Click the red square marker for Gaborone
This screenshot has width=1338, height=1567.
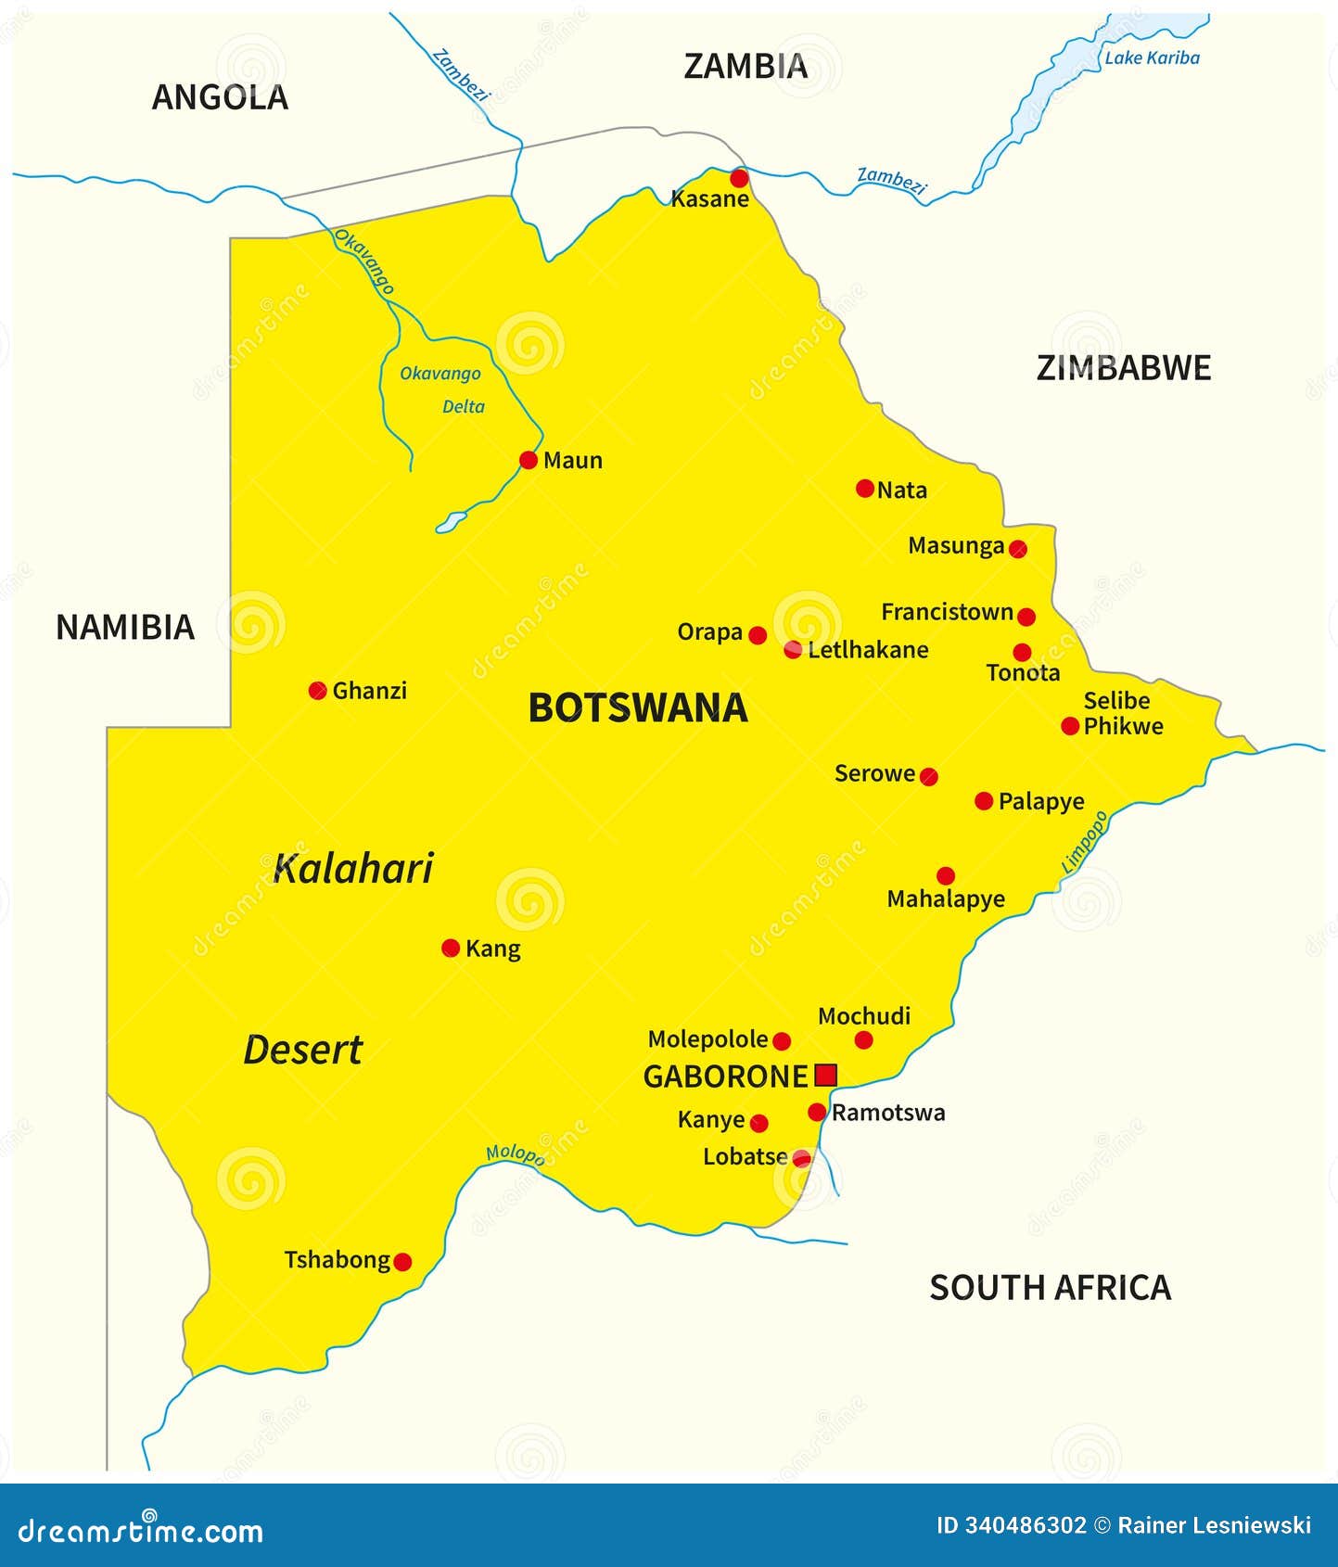coord(825,1075)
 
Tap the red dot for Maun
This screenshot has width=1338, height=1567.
coord(529,460)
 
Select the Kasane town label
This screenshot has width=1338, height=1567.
coord(709,199)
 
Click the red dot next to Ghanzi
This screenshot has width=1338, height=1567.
coord(317,691)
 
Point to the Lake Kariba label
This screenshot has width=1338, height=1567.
coord(1152,57)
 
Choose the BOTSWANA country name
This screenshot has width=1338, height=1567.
coord(638,708)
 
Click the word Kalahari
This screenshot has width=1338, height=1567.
coord(353,869)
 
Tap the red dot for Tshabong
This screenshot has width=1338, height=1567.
coord(402,1262)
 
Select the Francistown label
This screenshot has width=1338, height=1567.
coord(947,612)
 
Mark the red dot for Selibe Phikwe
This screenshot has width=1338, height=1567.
coord(1070,726)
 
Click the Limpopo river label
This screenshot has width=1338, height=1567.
coord(1084,842)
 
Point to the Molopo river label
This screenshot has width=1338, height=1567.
coord(515,1154)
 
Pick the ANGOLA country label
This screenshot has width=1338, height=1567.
coord(220,97)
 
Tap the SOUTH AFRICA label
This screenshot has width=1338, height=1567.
coord(1050,1288)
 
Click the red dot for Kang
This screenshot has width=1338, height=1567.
coord(451,948)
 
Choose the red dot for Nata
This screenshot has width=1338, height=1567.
coord(865,489)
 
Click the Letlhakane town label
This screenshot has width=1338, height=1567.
coord(868,650)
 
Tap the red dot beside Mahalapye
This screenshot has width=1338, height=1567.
coord(946,875)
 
